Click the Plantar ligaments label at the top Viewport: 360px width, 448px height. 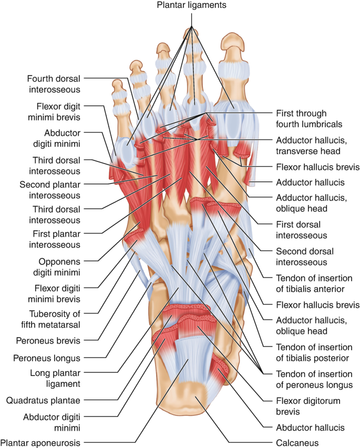(192, 5)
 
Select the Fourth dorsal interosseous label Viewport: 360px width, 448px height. (54, 84)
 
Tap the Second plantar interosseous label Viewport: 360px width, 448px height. (50, 190)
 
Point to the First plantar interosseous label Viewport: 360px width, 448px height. (55, 239)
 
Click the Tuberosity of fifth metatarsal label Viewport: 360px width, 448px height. (50, 319)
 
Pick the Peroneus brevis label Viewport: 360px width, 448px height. (48, 341)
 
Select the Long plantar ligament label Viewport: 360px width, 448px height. (55, 378)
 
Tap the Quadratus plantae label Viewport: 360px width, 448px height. (44, 400)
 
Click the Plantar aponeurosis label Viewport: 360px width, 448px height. (40, 443)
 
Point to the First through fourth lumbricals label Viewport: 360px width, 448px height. (309, 118)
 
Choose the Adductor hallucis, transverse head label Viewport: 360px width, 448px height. (312, 146)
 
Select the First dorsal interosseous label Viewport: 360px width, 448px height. (302, 230)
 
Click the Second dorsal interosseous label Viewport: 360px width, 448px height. (305, 257)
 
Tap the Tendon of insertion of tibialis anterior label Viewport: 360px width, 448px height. (314, 283)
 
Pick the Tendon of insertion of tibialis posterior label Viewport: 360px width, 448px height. (314, 353)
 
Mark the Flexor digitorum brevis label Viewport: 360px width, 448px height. (308, 406)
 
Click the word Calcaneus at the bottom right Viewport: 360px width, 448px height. (297, 443)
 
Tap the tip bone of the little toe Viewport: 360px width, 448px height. (117, 85)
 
